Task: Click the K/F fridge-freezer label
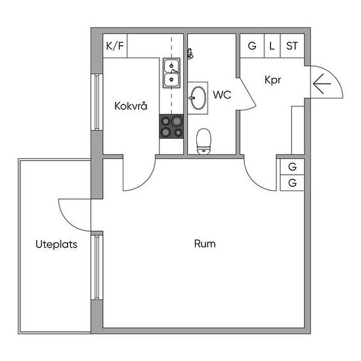click(115, 46)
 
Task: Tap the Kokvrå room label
click(131, 106)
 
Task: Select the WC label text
click(222, 95)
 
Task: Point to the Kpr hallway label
click(273, 80)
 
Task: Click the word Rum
click(205, 244)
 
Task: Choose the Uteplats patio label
click(56, 244)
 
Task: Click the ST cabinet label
click(292, 46)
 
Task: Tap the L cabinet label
click(272, 46)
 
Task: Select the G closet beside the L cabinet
click(252, 46)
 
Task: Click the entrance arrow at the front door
click(322, 83)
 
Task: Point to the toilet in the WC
click(203, 141)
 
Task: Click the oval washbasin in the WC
click(198, 98)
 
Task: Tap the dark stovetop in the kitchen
click(171, 127)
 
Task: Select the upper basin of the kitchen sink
click(171, 66)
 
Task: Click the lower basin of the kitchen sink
click(171, 79)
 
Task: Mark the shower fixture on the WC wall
click(190, 54)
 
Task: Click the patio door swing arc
click(68, 221)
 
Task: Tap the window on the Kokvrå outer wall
click(97, 102)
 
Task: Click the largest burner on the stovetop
click(177, 121)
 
